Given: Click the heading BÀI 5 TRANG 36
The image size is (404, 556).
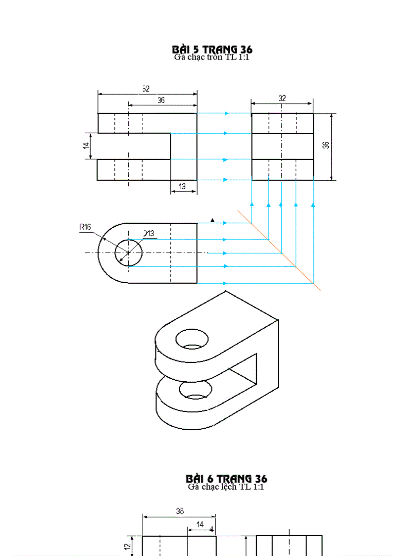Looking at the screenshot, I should [212, 49].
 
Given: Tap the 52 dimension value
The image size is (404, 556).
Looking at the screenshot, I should [146, 89].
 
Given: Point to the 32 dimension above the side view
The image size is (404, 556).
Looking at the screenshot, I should [282, 98].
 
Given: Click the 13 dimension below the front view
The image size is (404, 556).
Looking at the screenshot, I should [182, 186].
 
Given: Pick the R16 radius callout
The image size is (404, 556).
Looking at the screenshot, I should [85, 227].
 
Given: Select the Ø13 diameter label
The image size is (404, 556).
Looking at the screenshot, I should [149, 233].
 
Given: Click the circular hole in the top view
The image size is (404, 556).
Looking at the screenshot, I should [129, 253].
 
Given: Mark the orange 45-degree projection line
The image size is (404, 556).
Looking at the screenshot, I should [279, 251].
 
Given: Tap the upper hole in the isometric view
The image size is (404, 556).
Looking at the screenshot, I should [192, 339].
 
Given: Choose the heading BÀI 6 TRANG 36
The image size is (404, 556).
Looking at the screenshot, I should [226, 478].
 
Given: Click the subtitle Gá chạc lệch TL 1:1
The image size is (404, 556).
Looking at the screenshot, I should [226, 487].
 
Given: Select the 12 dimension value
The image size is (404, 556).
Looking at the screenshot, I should [127, 547].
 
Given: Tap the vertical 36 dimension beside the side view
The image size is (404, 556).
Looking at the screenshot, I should [325, 146].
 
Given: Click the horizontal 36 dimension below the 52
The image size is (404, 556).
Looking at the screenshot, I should [161, 100].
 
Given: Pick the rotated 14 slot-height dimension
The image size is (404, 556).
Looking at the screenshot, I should [86, 146].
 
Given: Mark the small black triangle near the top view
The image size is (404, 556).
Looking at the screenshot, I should [212, 220].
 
